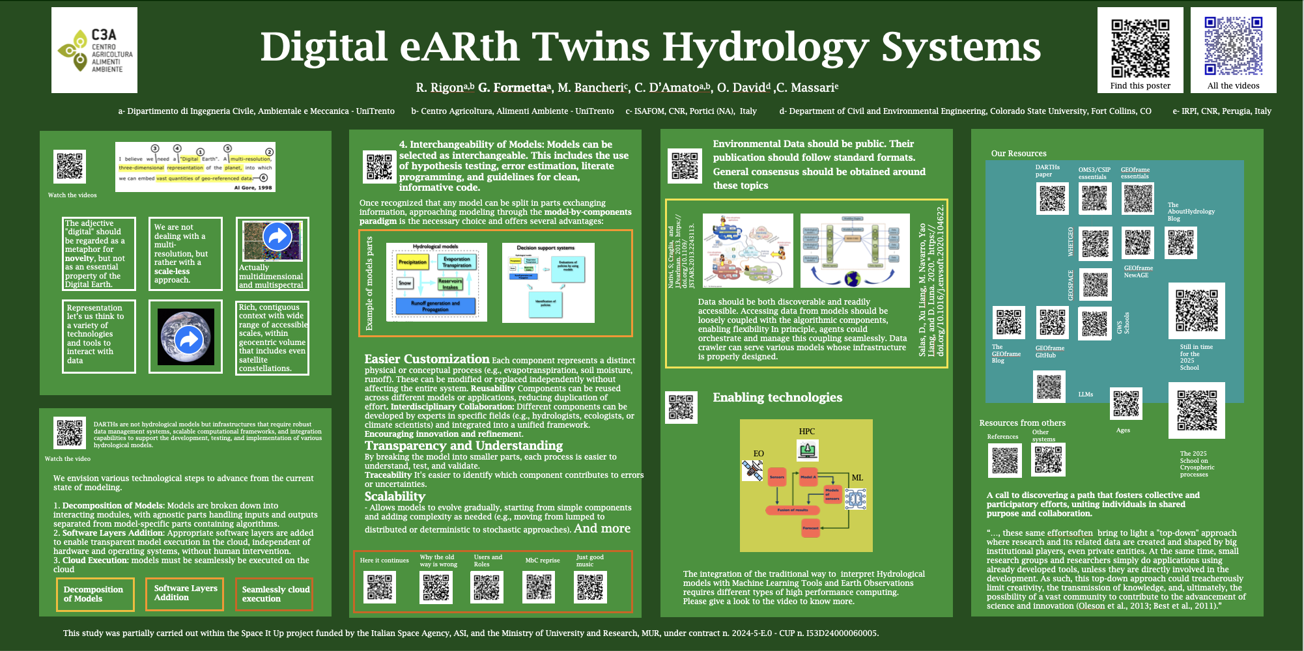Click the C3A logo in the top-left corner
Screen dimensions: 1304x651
pos(94,50)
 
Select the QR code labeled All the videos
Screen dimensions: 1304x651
pos(1233,46)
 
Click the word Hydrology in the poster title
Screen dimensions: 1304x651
pos(766,47)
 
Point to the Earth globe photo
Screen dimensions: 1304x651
pos(187,337)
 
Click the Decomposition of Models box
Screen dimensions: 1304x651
pos(95,594)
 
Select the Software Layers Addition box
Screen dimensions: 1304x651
pos(185,593)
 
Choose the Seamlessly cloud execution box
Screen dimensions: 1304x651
pos(274,594)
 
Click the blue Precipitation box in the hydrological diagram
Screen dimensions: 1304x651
pos(412,262)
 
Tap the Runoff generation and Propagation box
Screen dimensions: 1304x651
pos(435,306)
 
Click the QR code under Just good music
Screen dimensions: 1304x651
pos(591,587)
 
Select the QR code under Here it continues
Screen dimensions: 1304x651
pos(380,587)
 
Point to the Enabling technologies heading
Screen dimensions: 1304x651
pos(777,398)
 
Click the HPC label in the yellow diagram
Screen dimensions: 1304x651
pos(806,432)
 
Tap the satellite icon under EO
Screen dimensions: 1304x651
pos(753,470)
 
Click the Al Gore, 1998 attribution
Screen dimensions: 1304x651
pos(253,187)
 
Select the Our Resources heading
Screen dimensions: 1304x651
pos(1019,154)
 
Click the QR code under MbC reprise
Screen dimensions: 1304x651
pos(539,587)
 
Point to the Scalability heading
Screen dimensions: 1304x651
pos(395,496)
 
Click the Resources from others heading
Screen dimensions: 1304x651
pos(1022,423)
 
